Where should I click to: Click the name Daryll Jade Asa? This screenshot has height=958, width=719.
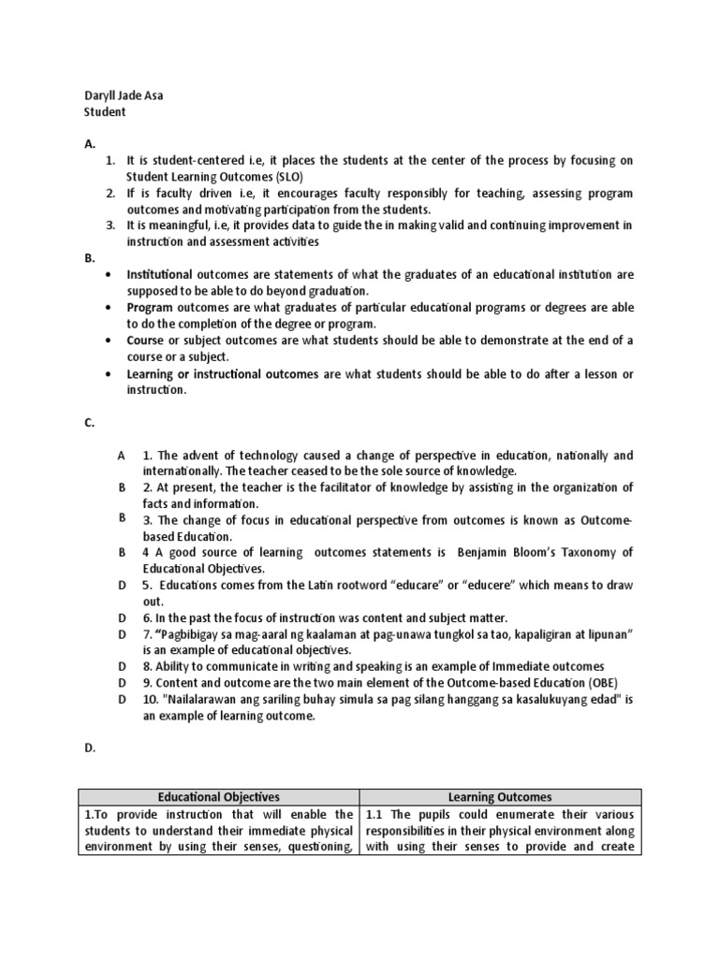click(x=123, y=95)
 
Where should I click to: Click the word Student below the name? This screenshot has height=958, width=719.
click(x=105, y=112)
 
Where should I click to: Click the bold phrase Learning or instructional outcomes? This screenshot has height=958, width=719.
click(x=223, y=373)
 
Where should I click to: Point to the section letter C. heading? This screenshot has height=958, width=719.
click(x=90, y=423)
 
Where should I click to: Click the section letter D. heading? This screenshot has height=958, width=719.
click(x=90, y=748)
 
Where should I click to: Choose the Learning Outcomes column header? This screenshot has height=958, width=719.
click(x=499, y=797)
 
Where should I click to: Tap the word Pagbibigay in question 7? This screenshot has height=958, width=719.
click(x=188, y=634)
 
